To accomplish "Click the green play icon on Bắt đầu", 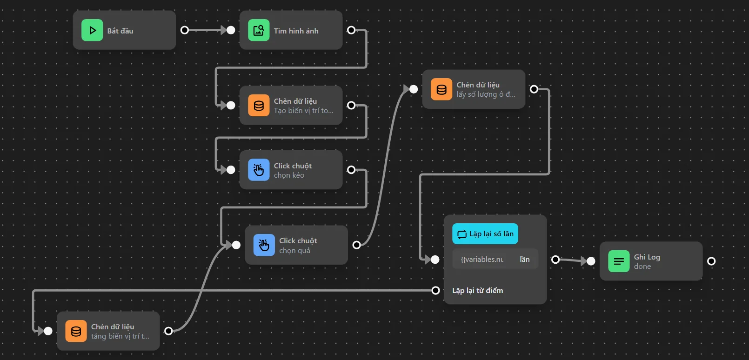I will click(x=92, y=30).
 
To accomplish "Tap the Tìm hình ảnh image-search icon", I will click(x=259, y=30).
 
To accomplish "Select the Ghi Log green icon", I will click(x=619, y=261).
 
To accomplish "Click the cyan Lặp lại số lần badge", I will click(x=485, y=234).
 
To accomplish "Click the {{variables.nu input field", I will click(x=482, y=260).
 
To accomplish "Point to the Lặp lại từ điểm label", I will click(x=478, y=291).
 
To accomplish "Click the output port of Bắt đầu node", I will click(x=185, y=30).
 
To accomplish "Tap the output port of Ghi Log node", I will click(x=711, y=261).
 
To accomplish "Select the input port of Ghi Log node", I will click(x=591, y=261).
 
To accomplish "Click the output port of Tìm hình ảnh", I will click(x=351, y=30).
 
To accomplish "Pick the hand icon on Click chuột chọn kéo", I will click(x=259, y=170).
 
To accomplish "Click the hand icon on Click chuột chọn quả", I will click(x=264, y=245).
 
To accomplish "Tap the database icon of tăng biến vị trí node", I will click(x=76, y=331).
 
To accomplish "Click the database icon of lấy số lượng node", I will click(x=441, y=89).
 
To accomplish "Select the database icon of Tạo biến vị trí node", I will click(x=259, y=106).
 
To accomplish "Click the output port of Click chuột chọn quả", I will click(x=357, y=245).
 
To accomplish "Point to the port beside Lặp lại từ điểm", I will click(x=435, y=291).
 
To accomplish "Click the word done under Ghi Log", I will click(x=642, y=267).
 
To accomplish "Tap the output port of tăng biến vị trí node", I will click(x=168, y=331).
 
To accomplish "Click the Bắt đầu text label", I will click(x=120, y=31).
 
